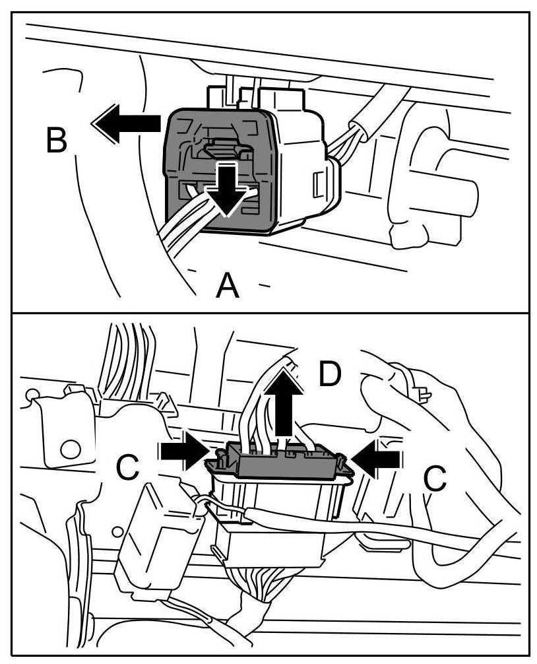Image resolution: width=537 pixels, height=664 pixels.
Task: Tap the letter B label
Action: [57, 139]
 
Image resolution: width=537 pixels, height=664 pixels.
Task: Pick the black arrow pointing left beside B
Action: [127, 123]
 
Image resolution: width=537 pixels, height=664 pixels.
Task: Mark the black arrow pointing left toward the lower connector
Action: [375, 457]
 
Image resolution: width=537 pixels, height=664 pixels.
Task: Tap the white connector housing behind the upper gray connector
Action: [297, 158]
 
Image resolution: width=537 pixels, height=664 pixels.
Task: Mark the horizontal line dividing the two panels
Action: [268, 312]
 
